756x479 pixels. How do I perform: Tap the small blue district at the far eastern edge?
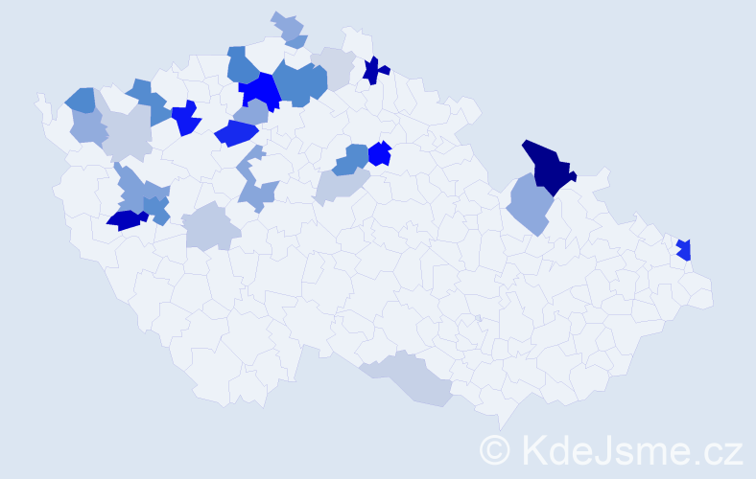click(684, 249)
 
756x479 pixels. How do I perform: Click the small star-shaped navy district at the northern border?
click(374, 70)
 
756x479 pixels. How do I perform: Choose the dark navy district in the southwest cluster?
click(126, 219)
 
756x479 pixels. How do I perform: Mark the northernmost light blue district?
click(289, 29)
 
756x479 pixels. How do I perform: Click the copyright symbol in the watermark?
click(496, 448)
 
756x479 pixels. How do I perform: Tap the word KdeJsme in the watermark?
click(595, 448)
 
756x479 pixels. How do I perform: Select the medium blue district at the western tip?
click(81, 99)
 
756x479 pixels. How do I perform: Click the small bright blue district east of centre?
click(380, 153)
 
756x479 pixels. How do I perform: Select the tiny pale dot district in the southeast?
click(478, 319)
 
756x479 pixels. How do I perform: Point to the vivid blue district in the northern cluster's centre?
click(259, 92)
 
